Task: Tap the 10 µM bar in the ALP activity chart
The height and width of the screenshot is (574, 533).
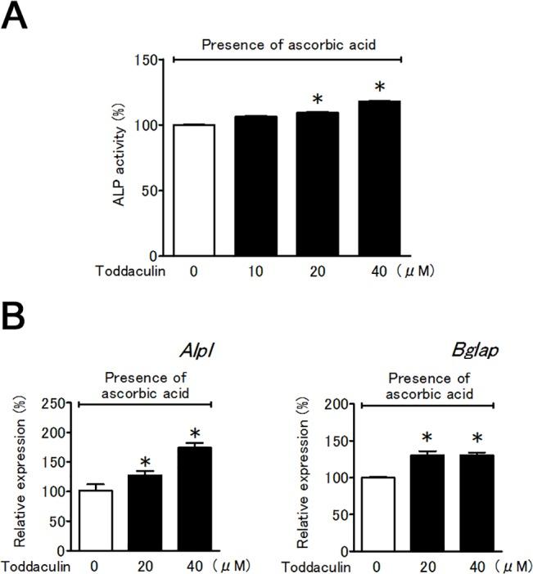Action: [x=261, y=186]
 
